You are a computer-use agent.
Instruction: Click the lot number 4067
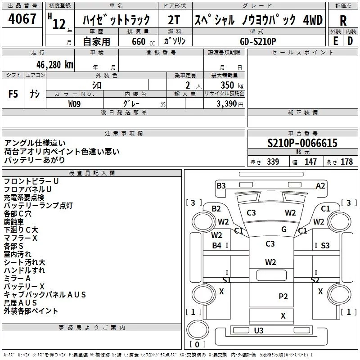pyautogui.click(x=22, y=19)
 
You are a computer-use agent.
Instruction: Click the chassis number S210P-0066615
pyautogui.click(x=302, y=144)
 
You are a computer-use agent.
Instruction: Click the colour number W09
pyautogui.click(x=75, y=103)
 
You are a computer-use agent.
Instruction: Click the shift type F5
pyautogui.click(x=13, y=94)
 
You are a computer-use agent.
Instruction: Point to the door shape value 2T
pyautogui.click(x=174, y=20)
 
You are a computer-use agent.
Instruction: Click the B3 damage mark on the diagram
pyautogui.click(x=221, y=185)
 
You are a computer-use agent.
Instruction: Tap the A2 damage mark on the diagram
pyautogui.click(x=320, y=185)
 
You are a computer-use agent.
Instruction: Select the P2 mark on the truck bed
pyautogui.click(x=283, y=296)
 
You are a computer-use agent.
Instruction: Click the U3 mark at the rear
pyautogui.click(x=259, y=331)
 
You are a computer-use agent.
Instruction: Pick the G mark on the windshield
pyautogui.click(x=284, y=229)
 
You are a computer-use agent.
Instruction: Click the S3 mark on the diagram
pyautogui.click(x=325, y=245)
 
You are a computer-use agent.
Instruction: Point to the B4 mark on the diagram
pyautogui.click(x=217, y=245)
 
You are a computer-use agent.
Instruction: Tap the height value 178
pyautogui.click(x=346, y=162)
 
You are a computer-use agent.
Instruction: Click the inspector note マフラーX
pyautogui.click(x=20, y=238)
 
